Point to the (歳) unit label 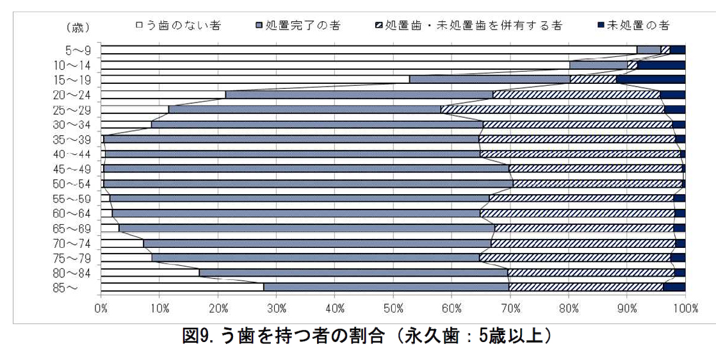coord(77,28)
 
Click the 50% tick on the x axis coord(393,309)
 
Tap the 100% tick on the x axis coord(685,309)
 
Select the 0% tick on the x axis coord(101,309)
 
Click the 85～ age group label coord(67,288)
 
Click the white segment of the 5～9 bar coord(368,50)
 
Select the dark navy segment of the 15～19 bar coord(651,79)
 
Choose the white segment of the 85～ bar coord(182,287)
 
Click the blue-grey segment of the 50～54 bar coord(307,183)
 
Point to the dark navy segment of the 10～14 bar coord(662,65)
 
